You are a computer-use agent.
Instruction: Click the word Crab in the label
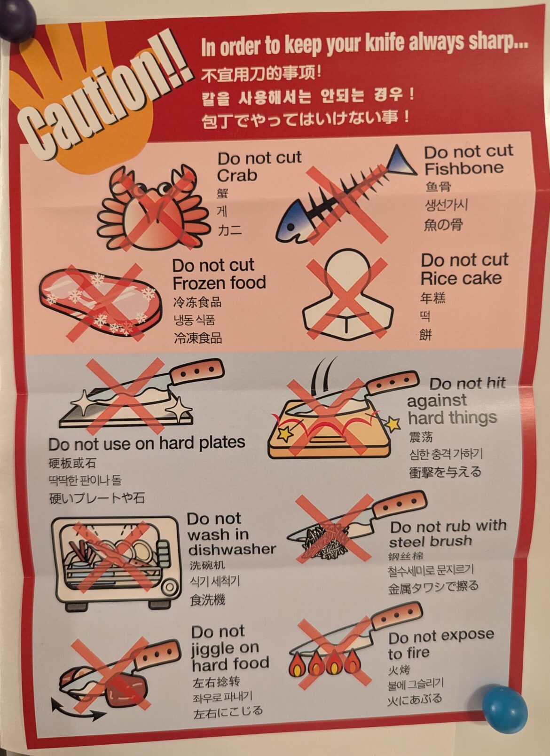(237, 175)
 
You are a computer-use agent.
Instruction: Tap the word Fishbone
(464, 168)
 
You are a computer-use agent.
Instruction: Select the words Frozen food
(219, 283)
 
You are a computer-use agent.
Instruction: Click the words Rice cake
(461, 278)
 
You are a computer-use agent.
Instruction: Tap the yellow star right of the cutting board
(393, 424)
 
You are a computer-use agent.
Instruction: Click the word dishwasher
(232, 549)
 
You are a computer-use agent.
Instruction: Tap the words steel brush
(430, 541)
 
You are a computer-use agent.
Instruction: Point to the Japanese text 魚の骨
(443, 225)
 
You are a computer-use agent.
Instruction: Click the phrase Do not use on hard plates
(147, 443)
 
